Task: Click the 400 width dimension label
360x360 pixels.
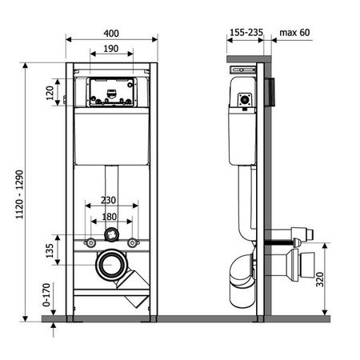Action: click(111, 34)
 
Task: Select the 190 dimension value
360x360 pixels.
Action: click(111, 49)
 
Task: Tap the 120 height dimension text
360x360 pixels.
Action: click(50, 93)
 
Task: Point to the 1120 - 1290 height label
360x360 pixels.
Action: click(19, 194)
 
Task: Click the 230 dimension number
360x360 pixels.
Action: click(108, 200)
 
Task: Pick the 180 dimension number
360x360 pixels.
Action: click(110, 217)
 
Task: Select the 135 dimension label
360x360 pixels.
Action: click(50, 250)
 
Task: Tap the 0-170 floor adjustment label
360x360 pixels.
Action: click(46, 294)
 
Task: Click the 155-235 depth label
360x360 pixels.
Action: click(246, 32)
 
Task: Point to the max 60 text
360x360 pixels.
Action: click(294, 32)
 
